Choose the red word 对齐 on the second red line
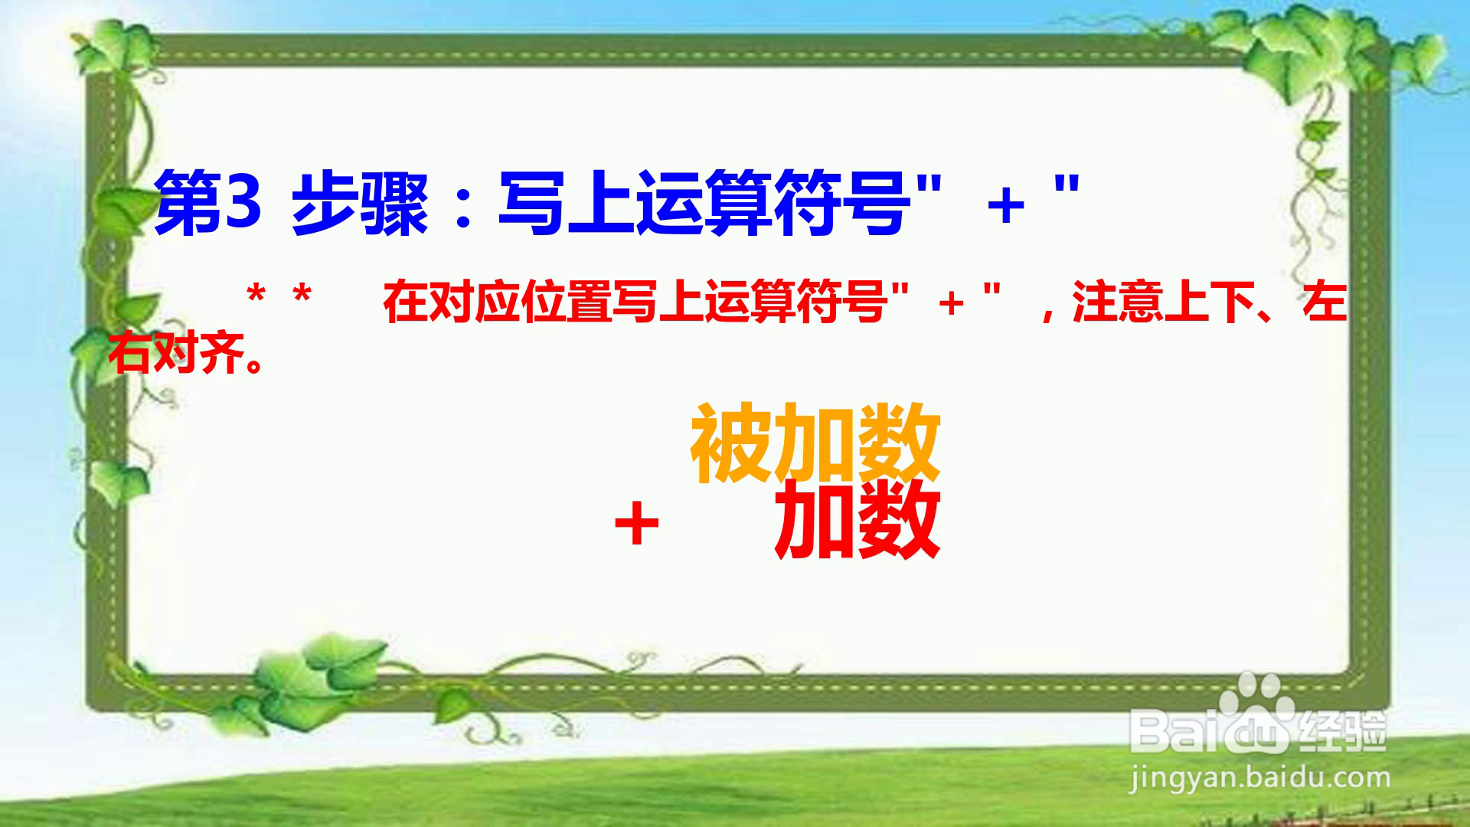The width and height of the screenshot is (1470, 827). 199,353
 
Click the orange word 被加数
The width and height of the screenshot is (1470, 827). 815,444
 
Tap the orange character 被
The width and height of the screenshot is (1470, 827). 731,444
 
